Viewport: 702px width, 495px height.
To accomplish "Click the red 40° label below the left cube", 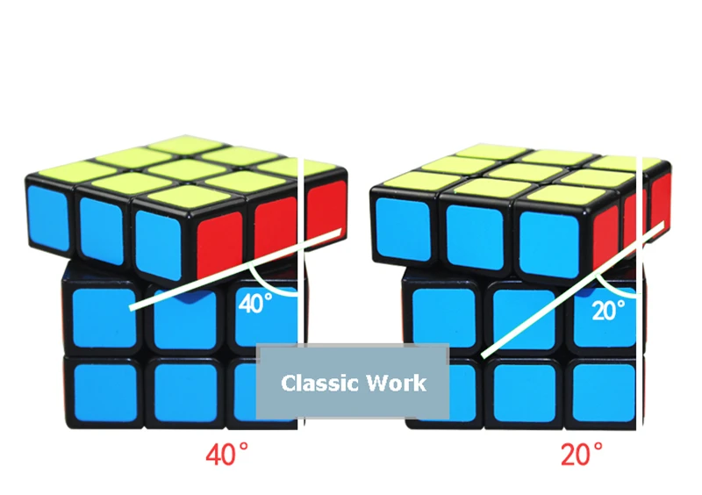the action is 226,454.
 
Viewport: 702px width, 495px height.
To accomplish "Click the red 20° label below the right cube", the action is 582,454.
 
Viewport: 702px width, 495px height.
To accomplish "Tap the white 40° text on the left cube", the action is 255,304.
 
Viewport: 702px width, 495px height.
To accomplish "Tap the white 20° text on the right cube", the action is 608,310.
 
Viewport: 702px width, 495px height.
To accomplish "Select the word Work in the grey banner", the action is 397,383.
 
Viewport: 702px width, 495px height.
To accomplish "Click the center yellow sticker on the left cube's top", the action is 186,169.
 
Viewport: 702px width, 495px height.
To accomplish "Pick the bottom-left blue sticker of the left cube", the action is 105,393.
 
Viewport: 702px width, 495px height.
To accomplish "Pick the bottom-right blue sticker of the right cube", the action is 604,393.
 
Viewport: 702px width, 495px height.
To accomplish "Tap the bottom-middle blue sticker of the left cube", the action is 186,393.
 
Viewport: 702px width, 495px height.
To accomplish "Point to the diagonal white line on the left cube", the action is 235,269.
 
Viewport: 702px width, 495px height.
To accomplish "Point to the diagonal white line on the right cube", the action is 572,290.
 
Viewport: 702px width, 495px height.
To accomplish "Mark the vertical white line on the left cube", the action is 301,293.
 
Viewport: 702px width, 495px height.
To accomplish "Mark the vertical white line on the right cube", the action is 640,293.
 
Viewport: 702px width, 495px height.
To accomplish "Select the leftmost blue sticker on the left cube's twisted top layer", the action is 48,218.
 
